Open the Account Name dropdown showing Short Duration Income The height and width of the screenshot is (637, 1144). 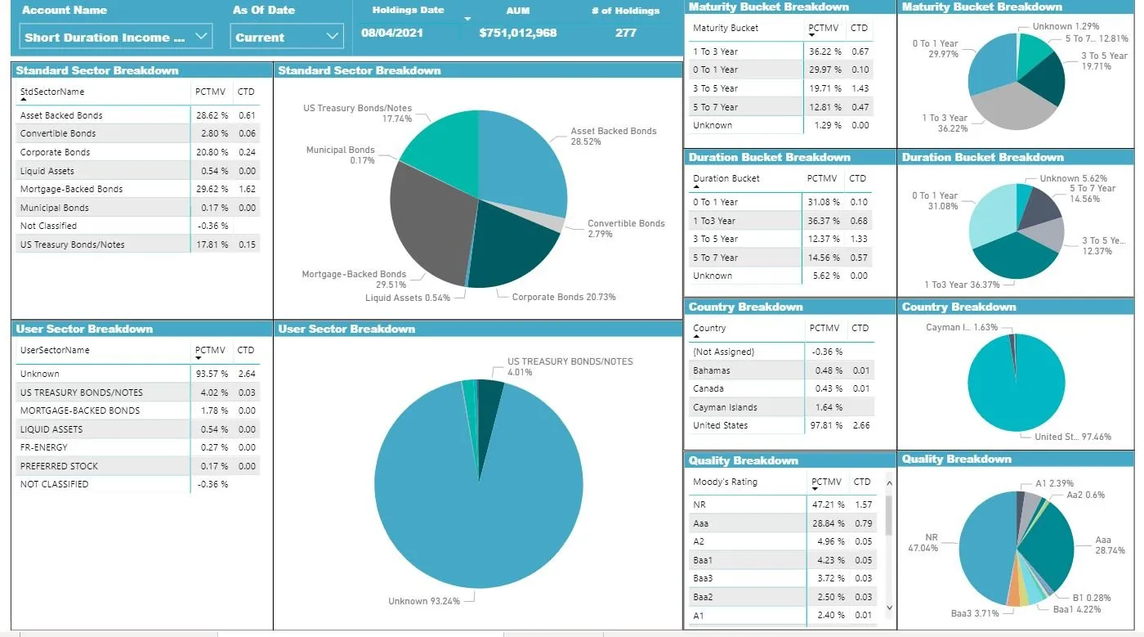114,37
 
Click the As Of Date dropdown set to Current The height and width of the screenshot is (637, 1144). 286,37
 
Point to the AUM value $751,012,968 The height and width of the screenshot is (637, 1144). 518,34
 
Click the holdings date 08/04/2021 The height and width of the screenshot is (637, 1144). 391,34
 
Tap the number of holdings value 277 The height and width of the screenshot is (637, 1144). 626,34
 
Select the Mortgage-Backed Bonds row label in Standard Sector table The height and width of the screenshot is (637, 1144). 71,189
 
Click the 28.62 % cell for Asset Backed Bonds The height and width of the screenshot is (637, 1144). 212,115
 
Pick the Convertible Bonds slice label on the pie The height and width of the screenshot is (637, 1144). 626,228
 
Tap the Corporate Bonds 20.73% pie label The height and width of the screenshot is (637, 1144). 563,297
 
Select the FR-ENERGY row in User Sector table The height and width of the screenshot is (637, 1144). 44,447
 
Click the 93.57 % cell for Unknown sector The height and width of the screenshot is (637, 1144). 212,374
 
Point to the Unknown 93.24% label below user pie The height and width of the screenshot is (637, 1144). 423,601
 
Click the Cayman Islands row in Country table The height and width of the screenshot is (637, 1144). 725,407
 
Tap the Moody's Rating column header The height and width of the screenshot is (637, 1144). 725,482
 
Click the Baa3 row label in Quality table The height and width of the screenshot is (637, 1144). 703,578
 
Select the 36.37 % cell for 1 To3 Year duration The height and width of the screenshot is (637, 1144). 823,221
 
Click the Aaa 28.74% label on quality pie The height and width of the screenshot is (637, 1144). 1110,545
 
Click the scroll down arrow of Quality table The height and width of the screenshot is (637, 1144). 888,608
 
